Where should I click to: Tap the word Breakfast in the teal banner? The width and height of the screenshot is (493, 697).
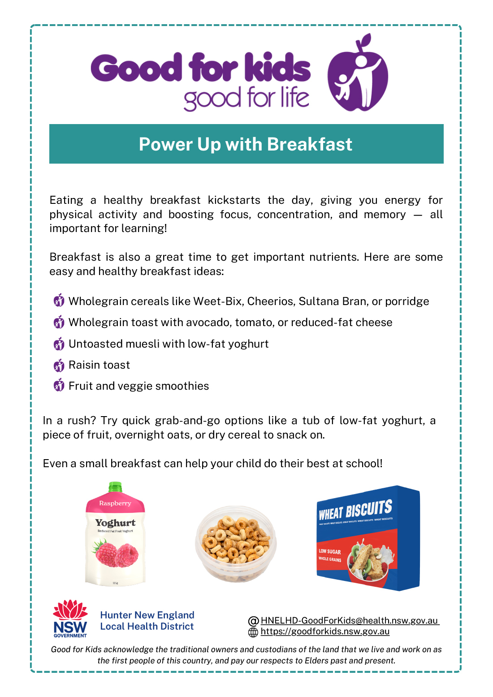[x=309, y=144]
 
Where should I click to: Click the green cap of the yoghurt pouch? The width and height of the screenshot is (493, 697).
[x=115, y=487]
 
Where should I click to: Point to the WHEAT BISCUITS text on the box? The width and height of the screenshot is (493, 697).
[x=355, y=510]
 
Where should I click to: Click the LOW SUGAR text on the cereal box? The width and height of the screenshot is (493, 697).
[x=329, y=551]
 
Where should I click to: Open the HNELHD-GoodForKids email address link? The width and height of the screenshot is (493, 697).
[x=350, y=620]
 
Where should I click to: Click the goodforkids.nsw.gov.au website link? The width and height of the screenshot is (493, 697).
[x=325, y=631]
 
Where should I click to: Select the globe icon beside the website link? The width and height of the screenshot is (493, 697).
[x=253, y=632]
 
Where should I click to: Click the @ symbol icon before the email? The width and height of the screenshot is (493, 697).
[x=253, y=621]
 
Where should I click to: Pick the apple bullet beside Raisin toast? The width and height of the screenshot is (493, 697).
[x=59, y=365]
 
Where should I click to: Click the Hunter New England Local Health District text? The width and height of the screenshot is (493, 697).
[x=147, y=620]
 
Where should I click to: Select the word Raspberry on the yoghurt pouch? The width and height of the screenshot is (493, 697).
[x=115, y=503]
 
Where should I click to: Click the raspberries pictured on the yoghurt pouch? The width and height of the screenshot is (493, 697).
[x=115, y=554]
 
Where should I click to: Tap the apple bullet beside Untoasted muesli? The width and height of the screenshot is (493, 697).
[x=59, y=344]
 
